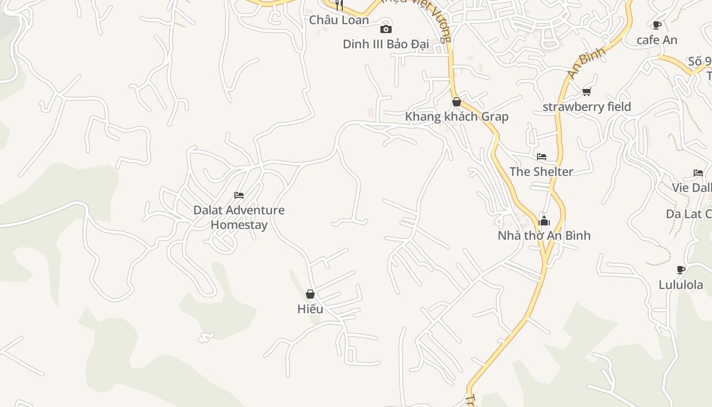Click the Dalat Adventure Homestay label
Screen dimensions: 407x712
pyautogui.click(x=239, y=217)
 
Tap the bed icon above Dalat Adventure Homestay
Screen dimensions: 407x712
pyautogui.click(x=239, y=195)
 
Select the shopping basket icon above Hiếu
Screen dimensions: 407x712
pyautogui.click(x=310, y=294)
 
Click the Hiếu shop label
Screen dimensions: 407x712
pyautogui.click(x=310, y=309)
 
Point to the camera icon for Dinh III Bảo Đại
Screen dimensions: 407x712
pyautogui.click(x=386, y=29)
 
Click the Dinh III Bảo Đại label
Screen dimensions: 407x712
pyautogui.click(x=386, y=44)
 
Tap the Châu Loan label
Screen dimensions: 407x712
pyautogui.click(x=339, y=20)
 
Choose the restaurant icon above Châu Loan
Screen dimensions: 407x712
pyautogui.click(x=339, y=5)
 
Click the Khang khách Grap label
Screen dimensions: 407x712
pyautogui.click(x=457, y=117)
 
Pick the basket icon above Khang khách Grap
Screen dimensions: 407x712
pyautogui.click(x=457, y=102)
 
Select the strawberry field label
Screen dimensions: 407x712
pyautogui.click(x=587, y=106)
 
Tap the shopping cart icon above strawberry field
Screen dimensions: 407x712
pyautogui.click(x=587, y=92)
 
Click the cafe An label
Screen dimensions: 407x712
pyautogui.click(x=657, y=40)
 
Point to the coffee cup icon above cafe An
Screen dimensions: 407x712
pyautogui.click(x=657, y=25)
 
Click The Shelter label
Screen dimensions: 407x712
pyautogui.click(x=541, y=171)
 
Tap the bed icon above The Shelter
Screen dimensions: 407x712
pyautogui.click(x=542, y=157)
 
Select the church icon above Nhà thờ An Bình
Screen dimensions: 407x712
pyautogui.click(x=544, y=221)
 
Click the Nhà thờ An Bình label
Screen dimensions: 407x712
pyautogui.click(x=544, y=236)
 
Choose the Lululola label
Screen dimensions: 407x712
pyautogui.click(x=681, y=284)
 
